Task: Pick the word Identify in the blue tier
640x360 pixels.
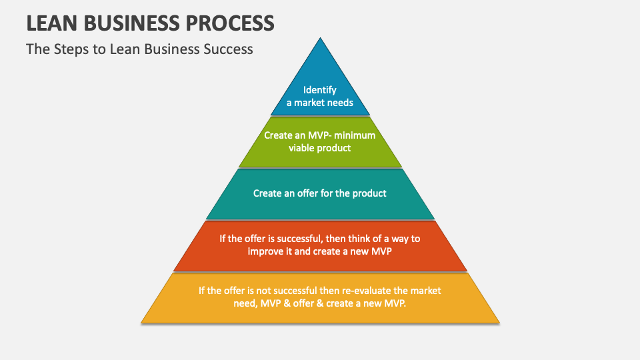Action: (320, 90)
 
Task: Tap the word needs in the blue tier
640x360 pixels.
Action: (341, 103)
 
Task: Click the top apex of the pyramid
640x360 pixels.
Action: (321, 38)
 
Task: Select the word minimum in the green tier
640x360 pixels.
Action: (355, 135)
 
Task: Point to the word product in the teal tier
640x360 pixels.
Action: (369, 193)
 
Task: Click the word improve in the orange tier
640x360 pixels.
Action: (265, 251)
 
